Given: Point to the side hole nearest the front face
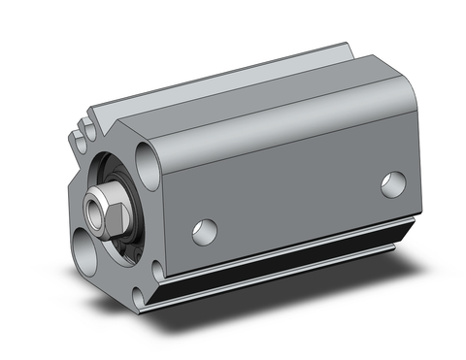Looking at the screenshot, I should click(x=205, y=231).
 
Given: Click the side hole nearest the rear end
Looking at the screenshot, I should click(x=393, y=184).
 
